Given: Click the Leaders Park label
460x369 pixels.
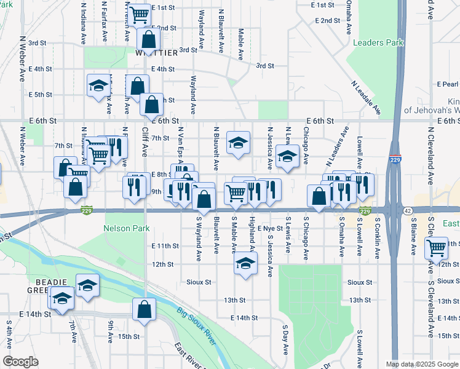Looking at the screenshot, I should pos(378,42).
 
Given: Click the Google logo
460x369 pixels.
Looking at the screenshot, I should pos(20,362).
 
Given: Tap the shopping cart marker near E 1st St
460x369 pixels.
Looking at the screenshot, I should pos(140,13).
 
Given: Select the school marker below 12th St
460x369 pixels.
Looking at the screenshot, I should pos(245,265).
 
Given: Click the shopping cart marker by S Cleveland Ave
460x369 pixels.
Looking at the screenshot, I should pos(436,248).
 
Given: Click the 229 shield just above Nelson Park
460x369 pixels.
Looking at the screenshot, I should pos(87,211).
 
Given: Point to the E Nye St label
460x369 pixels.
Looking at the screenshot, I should pos(270,228).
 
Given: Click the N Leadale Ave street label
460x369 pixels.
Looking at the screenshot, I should pos(366,98).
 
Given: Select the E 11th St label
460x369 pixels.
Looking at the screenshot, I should pos(165,245).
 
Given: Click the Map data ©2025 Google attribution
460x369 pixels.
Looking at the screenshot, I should pos(421,363).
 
